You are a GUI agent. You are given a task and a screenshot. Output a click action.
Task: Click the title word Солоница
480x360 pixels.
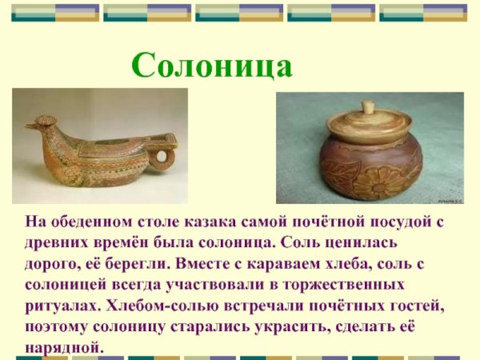pyautogui.click(x=212, y=65)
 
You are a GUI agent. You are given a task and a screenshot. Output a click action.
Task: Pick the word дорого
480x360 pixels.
pyautogui.click(x=54, y=262)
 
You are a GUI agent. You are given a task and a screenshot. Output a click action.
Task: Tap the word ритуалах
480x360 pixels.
pyautogui.click(x=62, y=306)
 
